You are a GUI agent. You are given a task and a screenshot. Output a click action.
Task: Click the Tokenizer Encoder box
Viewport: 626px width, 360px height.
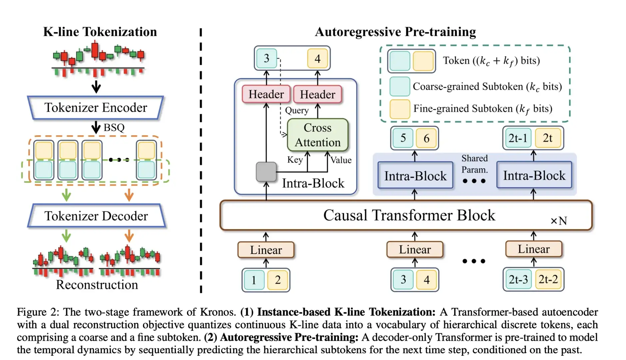[96, 108]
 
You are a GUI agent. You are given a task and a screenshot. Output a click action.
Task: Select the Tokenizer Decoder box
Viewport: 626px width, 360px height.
[96, 216]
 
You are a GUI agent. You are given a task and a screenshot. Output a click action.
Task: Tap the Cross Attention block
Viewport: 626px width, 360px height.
[317, 135]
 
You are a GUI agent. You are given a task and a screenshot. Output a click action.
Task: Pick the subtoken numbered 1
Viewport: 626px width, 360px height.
[254, 280]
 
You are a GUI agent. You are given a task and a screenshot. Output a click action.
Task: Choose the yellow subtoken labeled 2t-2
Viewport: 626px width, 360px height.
[548, 279]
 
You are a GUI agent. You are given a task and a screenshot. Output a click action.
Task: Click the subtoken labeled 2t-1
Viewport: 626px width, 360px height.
[517, 138]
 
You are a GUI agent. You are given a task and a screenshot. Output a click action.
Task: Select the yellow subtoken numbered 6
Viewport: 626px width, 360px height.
[426, 138]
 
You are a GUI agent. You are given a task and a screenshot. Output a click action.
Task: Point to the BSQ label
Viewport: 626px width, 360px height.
[114, 128]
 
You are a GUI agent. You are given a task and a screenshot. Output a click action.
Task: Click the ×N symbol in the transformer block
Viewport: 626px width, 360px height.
[559, 221]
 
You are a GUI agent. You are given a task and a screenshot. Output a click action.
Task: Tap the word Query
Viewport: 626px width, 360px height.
[297, 110]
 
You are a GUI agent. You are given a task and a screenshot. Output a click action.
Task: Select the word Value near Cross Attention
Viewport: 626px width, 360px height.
[341, 160]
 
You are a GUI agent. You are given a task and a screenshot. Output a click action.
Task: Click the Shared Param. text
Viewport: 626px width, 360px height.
[474, 164]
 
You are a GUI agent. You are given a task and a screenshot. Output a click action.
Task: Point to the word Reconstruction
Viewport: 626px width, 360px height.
[97, 285]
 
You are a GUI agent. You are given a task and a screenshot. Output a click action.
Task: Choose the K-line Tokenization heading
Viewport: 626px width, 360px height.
[100, 32]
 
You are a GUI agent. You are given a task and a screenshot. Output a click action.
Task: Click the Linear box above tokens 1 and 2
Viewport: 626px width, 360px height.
[266, 250]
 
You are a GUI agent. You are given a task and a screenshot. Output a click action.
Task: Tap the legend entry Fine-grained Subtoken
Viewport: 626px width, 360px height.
[482, 109]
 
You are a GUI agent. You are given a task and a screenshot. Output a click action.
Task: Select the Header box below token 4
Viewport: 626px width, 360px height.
[317, 94]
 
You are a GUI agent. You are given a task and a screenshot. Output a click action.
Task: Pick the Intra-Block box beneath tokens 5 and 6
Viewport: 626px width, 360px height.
[415, 176]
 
